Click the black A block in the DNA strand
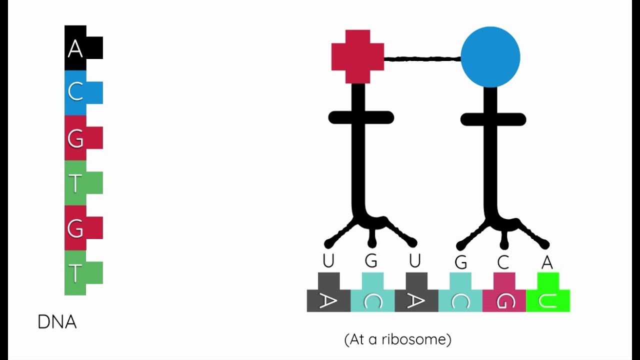point(76,48)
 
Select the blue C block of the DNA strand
point(76,92)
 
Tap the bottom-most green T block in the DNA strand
point(76,273)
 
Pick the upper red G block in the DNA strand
point(76,138)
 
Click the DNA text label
point(57,322)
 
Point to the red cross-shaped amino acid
point(357,56)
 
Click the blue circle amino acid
point(490,57)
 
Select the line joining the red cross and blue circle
point(422,59)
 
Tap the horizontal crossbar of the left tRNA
point(361,118)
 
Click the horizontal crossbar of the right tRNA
point(493,119)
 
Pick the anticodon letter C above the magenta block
point(503,262)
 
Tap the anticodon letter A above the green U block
point(547,262)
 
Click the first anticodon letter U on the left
point(328,261)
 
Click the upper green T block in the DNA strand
point(76,183)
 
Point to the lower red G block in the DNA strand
point(76,228)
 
